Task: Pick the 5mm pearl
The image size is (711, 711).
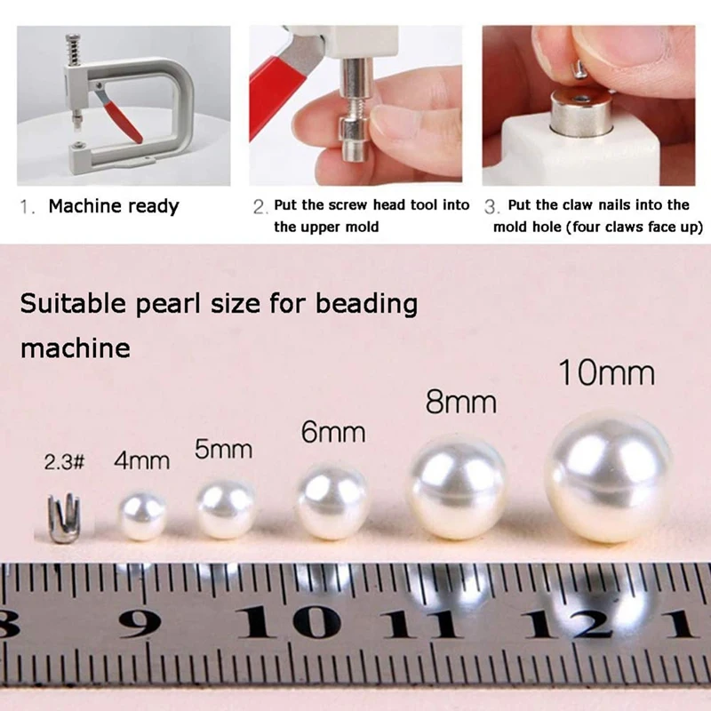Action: click(x=226, y=508)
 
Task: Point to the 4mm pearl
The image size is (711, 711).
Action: click(x=142, y=515)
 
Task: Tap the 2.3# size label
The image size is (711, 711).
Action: click(x=64, y=462)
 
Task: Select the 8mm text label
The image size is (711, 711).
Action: click(x=460, y=402)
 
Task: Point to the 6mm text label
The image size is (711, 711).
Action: click(x=333, y=432)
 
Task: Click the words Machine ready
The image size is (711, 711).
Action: click(x=114, y=207)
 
